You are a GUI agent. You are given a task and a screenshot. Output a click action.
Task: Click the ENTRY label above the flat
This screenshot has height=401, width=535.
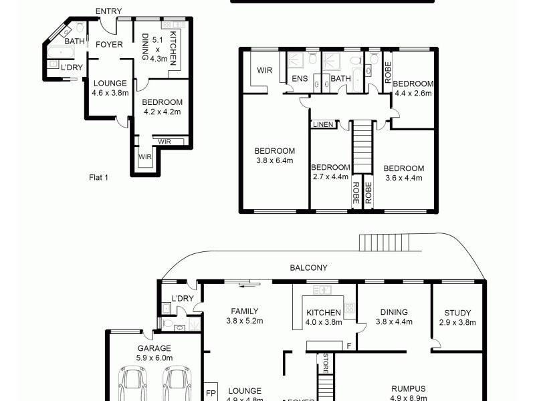click(108, 11)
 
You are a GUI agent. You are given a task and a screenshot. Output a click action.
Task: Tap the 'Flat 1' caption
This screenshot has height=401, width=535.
click(98, 178)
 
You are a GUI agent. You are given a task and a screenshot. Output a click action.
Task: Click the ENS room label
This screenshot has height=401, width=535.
click(299, 79)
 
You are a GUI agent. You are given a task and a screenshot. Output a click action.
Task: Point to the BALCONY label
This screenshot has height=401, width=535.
click(308, 267)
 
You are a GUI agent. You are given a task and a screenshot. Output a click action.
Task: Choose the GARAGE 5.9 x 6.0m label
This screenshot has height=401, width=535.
click(154, 353)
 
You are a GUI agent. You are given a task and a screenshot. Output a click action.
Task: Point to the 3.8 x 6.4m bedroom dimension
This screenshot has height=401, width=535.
click(275, 160)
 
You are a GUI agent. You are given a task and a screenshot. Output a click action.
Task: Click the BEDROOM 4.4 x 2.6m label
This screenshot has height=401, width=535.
click(413, 88)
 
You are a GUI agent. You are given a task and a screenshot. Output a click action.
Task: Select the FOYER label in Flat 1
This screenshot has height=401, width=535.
click(108, 45)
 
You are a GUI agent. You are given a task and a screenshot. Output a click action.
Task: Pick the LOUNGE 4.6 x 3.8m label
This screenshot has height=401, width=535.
click(110, 88)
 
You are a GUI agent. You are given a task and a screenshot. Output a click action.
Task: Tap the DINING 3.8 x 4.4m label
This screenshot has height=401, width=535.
click(394, 317)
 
